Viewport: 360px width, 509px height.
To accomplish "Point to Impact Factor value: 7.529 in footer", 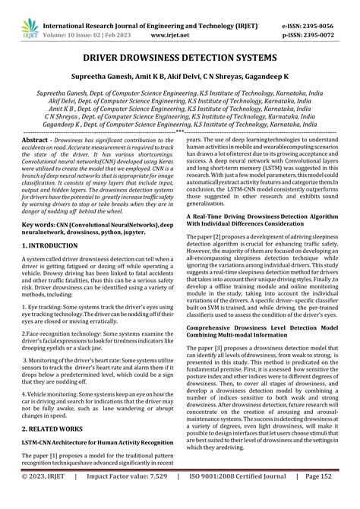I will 131,498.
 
